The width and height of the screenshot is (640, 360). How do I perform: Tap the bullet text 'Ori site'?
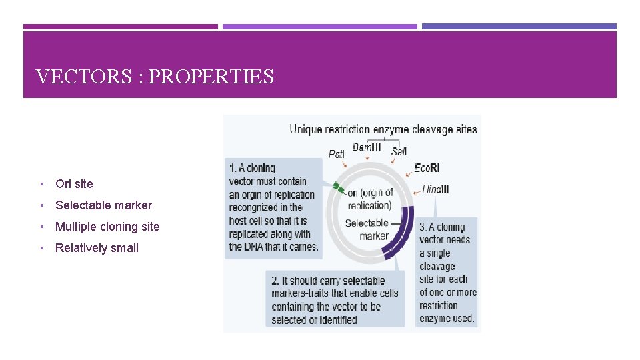coord(74,184)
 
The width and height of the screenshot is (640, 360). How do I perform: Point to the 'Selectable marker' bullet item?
coord(103,205)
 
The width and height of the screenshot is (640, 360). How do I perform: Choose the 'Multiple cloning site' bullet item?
coord(107,227)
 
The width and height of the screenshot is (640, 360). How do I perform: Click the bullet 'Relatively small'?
coord(97,248)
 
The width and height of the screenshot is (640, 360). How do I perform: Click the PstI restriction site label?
coord(336,154)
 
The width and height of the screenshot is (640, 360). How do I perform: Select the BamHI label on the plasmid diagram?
coord(366,147)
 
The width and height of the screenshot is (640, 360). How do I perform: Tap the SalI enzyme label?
coord(399,152)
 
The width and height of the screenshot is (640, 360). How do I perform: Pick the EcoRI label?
coord(427,168)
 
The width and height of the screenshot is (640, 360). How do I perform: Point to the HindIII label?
coord(435,190)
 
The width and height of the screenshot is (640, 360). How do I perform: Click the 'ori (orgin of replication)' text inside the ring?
coord(370,199)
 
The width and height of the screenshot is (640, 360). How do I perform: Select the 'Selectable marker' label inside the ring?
coord(369,229)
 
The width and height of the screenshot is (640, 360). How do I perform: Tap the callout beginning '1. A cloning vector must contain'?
coord(273,207)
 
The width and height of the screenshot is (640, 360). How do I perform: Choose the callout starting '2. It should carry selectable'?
coord(335,299)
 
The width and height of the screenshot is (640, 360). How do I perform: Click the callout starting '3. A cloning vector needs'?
coord(447,273)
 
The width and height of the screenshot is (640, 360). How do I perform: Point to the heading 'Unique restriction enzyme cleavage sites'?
coord(383,129)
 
